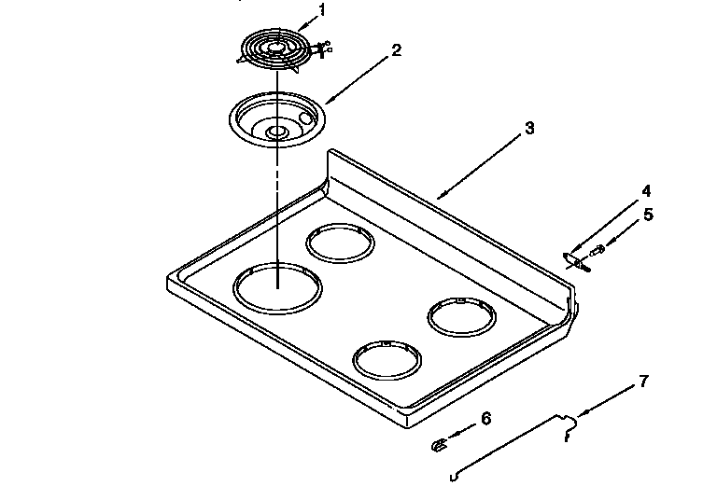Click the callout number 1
[x=323, y=10]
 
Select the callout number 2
[x=397, y=50]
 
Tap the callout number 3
[x=529, y=128]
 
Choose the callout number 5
[x=648, y=215]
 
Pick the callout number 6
[x=485, y=419]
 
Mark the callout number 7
[x=642, y=382]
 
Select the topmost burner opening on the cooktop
[x=340, y=245]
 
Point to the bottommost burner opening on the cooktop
[x=387, y=359]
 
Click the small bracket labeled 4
[x=571, y=259]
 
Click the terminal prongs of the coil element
[x=324, y=48]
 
